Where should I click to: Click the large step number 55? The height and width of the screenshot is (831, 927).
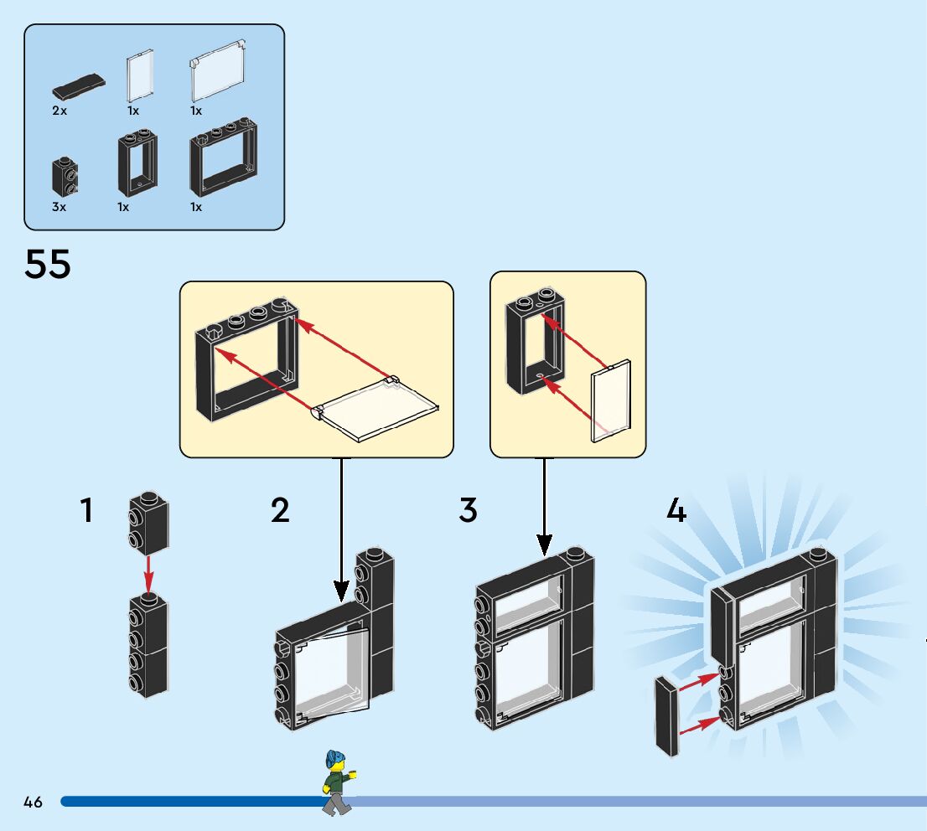click(x=48, y=265)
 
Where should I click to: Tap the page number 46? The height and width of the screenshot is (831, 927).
click(x=33, y=803)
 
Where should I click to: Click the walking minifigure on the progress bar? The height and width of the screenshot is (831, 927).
click(x=337, y=782)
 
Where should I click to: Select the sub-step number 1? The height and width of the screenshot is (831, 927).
click(x=86, y=510)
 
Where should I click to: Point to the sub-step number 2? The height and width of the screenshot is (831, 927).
click(x=280, y=510)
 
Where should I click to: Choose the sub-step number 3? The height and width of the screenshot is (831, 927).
click(x=468, y=510)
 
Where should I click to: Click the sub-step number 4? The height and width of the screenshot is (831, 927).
click(x=676, y=510)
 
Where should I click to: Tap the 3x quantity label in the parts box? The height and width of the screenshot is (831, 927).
click(x=59, y=207)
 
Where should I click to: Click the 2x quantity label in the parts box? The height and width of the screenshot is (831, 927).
click(x=59, y=111)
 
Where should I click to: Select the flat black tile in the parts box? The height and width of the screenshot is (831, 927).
click(x=78, y=85)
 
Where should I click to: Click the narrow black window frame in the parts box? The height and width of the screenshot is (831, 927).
click(x=137, y=164)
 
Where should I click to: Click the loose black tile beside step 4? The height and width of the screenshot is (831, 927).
click(x=667, y=716)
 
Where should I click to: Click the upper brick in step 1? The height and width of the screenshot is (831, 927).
click(x=148, y=523)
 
